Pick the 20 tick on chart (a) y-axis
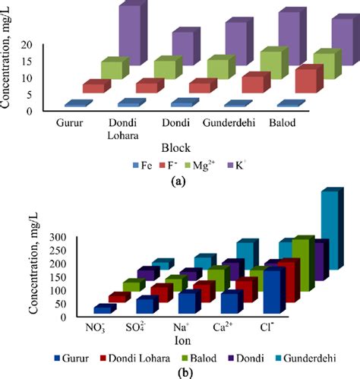click(27, 45)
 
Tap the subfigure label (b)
click(180, 372)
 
